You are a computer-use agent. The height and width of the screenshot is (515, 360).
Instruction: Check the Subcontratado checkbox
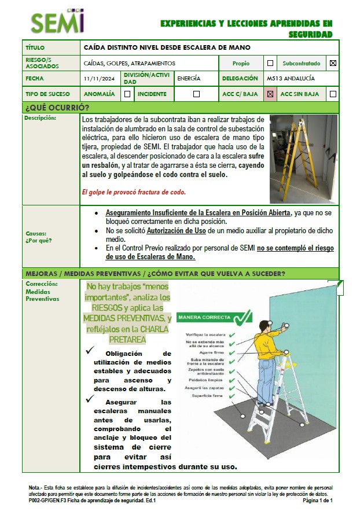[332, 63]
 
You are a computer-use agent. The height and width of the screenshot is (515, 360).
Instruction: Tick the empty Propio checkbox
[270, 63]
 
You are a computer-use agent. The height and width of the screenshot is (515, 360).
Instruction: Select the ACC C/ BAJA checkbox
[270, 94]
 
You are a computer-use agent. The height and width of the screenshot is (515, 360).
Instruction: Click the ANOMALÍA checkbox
[127, 94]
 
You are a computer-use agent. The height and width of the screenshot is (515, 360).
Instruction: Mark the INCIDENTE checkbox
[196, 94]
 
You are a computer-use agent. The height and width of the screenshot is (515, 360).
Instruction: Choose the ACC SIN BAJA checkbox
[332, 94]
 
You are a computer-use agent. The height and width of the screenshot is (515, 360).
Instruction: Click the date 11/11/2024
[100, 79]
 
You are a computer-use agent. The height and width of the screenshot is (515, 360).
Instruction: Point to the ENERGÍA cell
[189, 79]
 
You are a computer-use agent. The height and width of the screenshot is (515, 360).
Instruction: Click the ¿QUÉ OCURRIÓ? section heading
[57, 108]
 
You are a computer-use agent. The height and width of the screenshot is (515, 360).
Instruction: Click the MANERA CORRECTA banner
[215, 317]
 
